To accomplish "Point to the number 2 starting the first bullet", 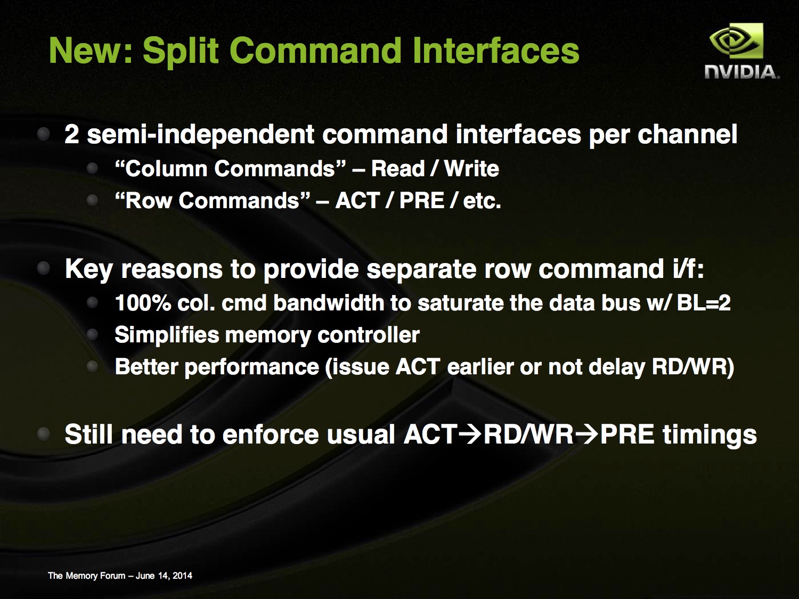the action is click(72, 134).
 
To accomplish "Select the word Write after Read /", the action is click(471, 169).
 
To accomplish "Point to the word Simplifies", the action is click(167, 335).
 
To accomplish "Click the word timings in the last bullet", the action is click(710, 436).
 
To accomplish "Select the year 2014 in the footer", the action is click(182, 576).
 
